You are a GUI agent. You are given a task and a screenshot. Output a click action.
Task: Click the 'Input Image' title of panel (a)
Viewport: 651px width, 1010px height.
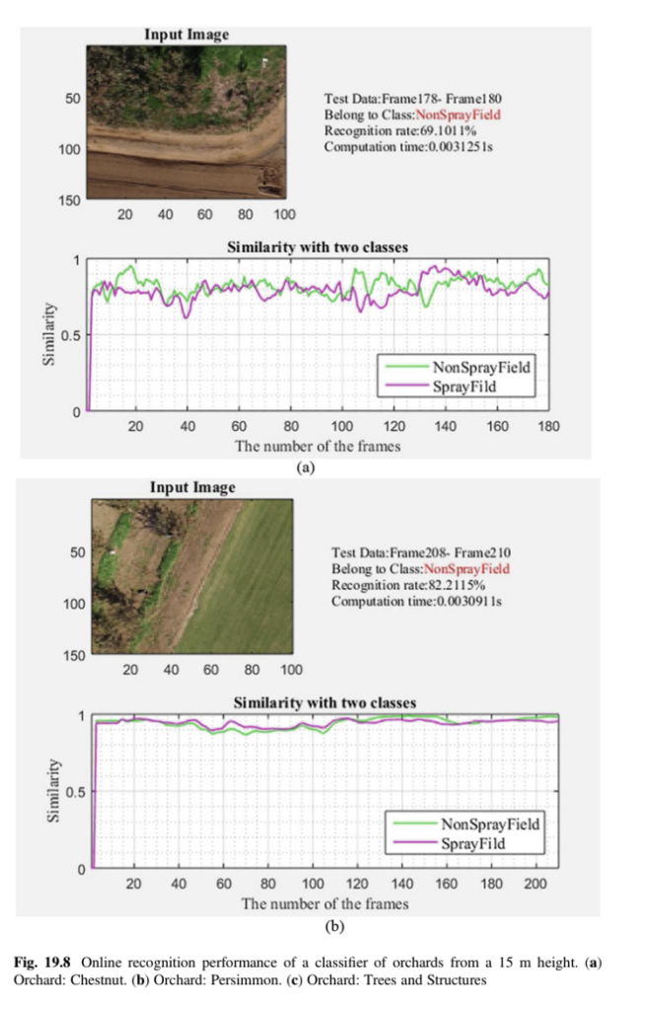pyautogui.click(x=186, y=35)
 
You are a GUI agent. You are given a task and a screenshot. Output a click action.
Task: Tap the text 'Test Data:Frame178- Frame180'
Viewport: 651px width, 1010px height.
pyautogui.click(x=415, y=99)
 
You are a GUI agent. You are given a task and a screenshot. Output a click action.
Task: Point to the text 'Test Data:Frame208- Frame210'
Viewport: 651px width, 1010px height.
pyautogui.click(x=420, y=552)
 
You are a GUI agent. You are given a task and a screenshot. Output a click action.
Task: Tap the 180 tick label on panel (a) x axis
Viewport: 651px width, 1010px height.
pyautogui.click(x=548, y=426)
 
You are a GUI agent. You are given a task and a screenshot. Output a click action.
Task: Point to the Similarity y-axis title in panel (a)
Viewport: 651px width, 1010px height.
pyautogui.click(x=47, y=335)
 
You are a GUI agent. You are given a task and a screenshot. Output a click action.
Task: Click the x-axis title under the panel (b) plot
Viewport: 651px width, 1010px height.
pyautogui.click(x=325, y=903)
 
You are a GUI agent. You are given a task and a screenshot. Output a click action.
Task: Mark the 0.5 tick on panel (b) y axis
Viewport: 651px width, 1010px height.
pyautogui.click(x=76, y=791)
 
